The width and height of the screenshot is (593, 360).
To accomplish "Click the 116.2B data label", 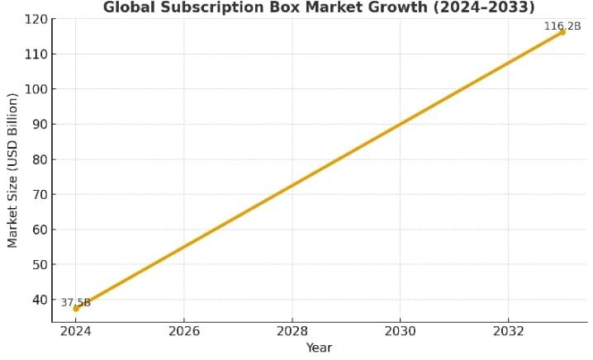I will pos(562,26).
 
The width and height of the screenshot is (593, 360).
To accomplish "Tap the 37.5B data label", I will pos(75,302).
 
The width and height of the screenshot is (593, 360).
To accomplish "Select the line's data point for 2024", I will pos(76,309).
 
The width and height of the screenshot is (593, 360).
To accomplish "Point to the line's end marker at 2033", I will pos(562,32).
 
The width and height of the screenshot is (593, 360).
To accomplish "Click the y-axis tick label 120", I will pos(36,19).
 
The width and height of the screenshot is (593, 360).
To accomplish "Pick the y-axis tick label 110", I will pos(36,54).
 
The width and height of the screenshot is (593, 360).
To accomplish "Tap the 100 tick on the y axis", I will pos(36,89).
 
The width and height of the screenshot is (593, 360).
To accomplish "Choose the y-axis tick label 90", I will pos(39,125).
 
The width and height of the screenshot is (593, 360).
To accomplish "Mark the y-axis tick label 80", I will pos(39,159).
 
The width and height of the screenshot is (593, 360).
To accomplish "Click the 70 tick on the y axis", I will pos(39,195).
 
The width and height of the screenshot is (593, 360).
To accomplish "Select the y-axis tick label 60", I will pos(39,230).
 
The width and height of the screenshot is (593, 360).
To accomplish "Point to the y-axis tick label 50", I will pos(39,265).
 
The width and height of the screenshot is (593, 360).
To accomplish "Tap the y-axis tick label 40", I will pos(39,300).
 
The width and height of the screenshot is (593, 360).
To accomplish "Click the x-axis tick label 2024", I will pos(76,332).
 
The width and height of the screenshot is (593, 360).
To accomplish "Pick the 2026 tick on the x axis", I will pos(184,332).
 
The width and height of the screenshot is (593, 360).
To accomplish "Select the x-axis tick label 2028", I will pos(292,332).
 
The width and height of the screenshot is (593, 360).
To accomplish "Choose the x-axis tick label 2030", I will pos(401,332).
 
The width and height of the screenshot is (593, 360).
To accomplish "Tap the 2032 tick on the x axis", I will pos(509,332).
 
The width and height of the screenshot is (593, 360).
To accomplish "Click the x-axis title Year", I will pos(319,348).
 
